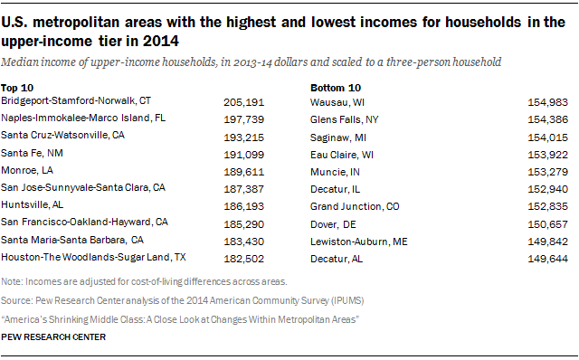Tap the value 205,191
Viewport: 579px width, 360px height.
pyautogui.click(x=242, y=101)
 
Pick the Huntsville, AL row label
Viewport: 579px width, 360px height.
pyautogui.click(x=34, y=204)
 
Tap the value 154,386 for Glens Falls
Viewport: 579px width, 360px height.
pyautogui.click(x=547, y=118)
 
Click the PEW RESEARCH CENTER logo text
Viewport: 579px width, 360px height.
pyautogui.click(x=53, y=336)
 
